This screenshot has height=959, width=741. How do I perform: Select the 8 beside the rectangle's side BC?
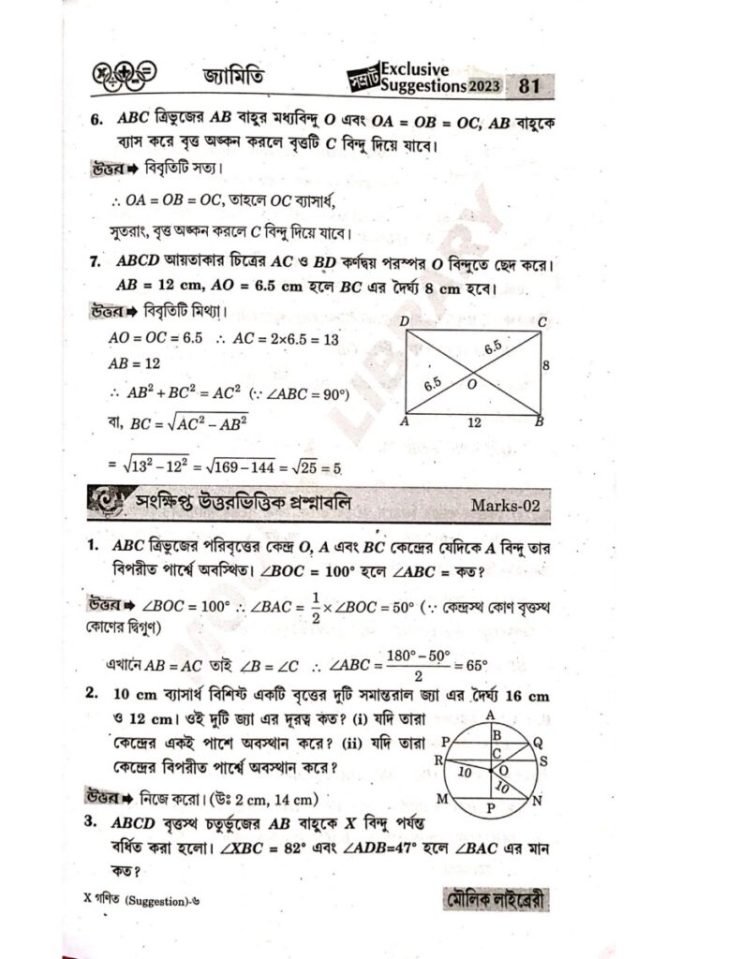pos(546,366)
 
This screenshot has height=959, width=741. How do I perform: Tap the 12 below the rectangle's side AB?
pos(474,422)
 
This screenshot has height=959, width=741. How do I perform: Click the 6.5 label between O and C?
pos(493,349)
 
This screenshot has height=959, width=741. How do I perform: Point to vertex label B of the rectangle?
pos(538,423)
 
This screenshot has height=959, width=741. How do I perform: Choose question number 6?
pos(96,122)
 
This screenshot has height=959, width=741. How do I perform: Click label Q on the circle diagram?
pos(537,739)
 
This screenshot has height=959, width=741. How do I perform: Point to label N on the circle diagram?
pos(537,802)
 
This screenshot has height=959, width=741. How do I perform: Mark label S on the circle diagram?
pos(543,760)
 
